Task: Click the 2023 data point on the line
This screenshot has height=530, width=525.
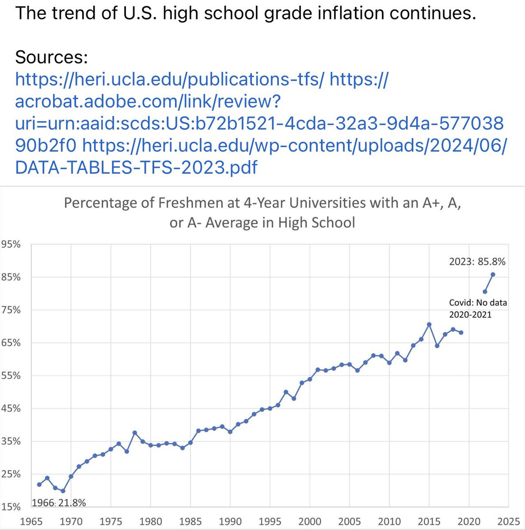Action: pyautogui.click(x=493, y=274)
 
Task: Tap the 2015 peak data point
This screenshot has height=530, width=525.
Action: pyautogui.click(x=429, y=324)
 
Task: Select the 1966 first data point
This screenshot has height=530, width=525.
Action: pyautogui.click(x=39, y=485)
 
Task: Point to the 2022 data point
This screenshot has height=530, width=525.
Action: pyautogui.click(x=485, y=291)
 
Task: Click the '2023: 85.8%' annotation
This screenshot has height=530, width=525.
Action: pyautogui.click(x=477, y=261)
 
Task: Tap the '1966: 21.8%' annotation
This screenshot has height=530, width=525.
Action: pyautogui.click(x=59, y=503)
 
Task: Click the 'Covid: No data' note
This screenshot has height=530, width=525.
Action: pyautogui.click(x=478, y=303)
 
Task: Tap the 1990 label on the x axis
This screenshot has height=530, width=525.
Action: pyautogui.click(x=230, y=521)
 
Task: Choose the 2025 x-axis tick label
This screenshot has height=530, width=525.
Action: pyautogui.click(x=509, y=521)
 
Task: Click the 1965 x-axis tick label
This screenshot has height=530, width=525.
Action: pyautogui.click(x=31, y=521)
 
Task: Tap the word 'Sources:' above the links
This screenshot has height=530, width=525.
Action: pyautogui.click(x=52, y=57)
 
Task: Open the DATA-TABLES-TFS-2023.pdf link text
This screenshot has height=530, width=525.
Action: pyautogui.click(x=136, y=167)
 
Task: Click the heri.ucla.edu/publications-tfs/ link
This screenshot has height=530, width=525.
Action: pyautogui.click(x=170, y=79)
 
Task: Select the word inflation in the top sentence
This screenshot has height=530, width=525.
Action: pyautogui.click(x=336, y=14)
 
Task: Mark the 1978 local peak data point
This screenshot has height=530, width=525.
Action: pyautogui.click(x=135, y=432)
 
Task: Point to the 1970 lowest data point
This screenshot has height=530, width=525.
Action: pyautogui.click(x=63, y=491)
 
